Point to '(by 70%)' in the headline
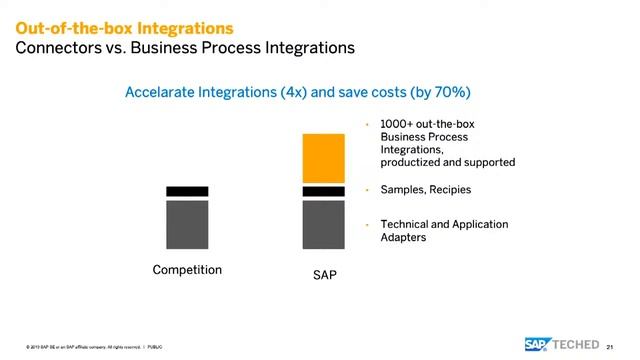point(441,92)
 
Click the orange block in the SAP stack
point(323,158)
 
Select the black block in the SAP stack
point(323,191)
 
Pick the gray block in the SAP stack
point(323,224)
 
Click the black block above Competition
point(187,191)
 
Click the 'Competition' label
point(187,270)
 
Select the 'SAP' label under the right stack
point(324,275)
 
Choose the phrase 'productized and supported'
point(447,161)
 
